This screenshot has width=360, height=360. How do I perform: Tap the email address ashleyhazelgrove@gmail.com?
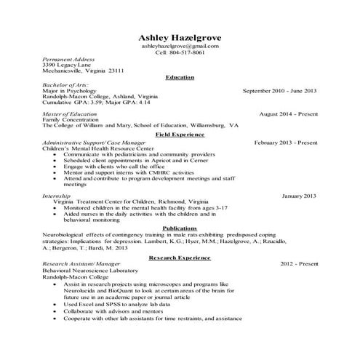tap(180, 47)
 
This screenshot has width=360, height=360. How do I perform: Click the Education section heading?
tap(180, 77)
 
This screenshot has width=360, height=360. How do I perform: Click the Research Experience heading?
tap(180, 257)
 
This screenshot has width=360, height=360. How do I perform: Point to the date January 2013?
tap(299, 196)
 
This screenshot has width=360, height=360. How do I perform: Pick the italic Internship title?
tap(57, 196)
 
